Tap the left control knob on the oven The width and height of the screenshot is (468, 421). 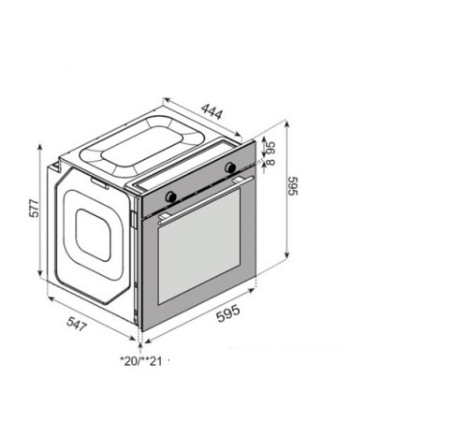click(x=170, y=196)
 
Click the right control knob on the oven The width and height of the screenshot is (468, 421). click(x=230, y=168)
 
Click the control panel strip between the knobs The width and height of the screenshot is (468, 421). click(x=200, y=182)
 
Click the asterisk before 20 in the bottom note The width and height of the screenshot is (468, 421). click(x=122, y=358)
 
